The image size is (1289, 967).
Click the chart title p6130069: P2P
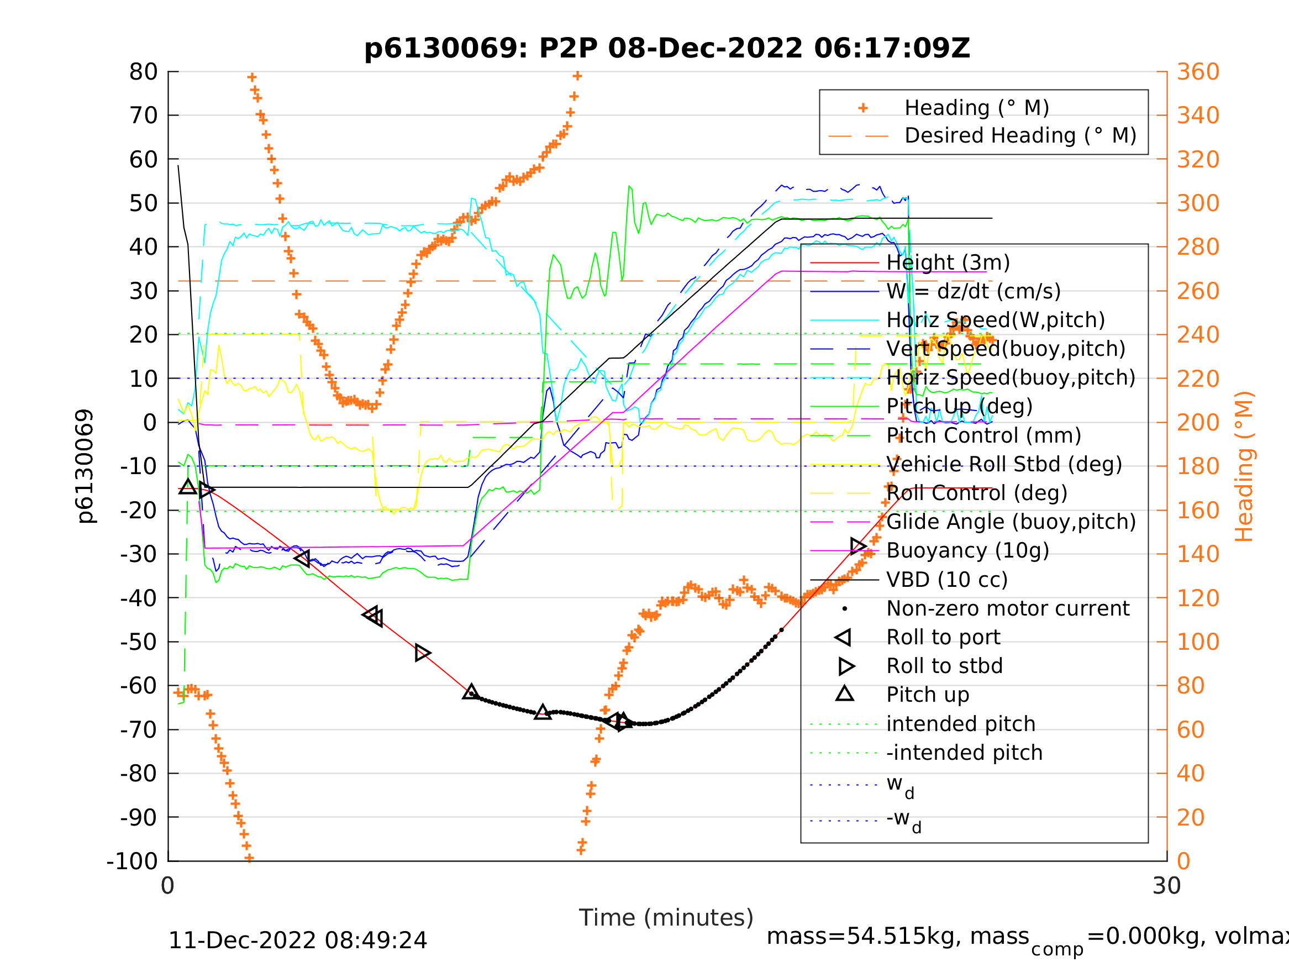[667, 49]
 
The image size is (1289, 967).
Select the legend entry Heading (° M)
[976, 108]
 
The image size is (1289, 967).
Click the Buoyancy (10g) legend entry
[967, 551]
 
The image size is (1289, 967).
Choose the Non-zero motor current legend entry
[1008, 608]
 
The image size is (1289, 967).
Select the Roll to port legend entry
[943, 637]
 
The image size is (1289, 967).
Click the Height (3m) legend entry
[948, 263]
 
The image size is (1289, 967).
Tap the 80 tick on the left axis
[143, 72]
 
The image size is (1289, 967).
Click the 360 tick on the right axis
[1198, 72]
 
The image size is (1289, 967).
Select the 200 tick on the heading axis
[1198, 423]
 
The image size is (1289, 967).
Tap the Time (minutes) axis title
[666, 918]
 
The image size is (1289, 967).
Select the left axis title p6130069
[85, 466]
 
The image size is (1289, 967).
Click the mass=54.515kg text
[897, 937]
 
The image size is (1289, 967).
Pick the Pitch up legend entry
[928, 695]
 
